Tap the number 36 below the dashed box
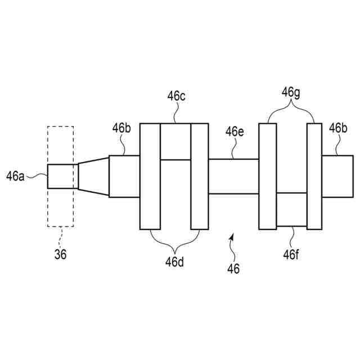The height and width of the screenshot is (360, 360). tap(60, 254)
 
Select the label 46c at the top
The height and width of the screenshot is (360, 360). tap(176, 96)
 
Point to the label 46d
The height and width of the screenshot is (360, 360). tap(175, 262)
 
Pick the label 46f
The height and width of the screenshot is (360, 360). tap(291, 254)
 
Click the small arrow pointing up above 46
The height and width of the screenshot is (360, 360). tap(230, 241)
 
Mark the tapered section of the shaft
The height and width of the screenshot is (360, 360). tap(93, 176)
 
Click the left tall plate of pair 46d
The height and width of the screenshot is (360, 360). tap(150, 176)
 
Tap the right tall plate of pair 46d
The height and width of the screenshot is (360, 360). tap(200, 176)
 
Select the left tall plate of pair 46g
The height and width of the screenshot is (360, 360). tap(267, 176)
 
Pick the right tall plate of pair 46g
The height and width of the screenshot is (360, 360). tap(314, 176)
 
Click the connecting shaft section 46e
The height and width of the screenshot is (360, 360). tap(233, 176)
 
